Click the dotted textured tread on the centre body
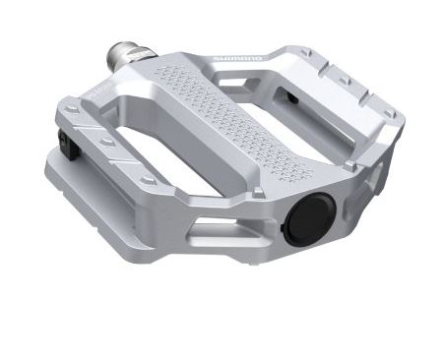[221, 118]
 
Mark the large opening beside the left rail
[148, 148]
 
